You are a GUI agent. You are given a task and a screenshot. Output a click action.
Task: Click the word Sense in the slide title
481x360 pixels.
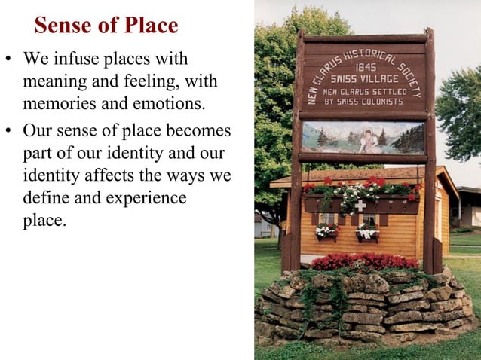point(63,26)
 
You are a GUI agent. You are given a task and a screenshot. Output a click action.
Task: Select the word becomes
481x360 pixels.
point(199,132)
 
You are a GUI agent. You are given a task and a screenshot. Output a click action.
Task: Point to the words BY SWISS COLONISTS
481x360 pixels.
point(365,101)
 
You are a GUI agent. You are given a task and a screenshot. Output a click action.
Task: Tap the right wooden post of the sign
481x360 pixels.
point(430,151)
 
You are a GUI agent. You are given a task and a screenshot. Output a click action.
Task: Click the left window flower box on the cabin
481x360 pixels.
point(326,231)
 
